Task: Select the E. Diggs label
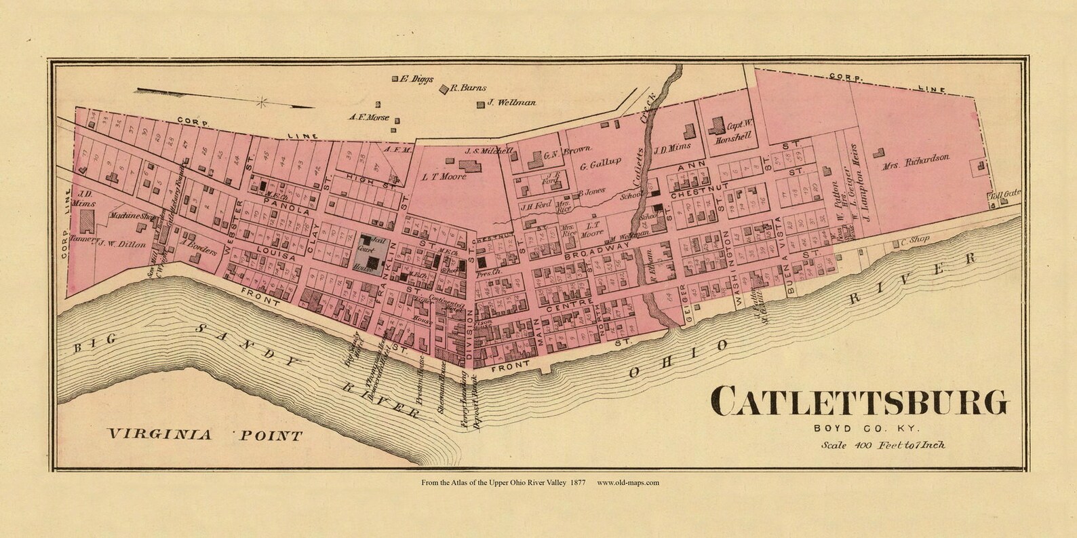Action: coord(418,79)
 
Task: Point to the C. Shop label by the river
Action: coord(914,242)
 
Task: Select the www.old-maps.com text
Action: coord(628,483)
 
